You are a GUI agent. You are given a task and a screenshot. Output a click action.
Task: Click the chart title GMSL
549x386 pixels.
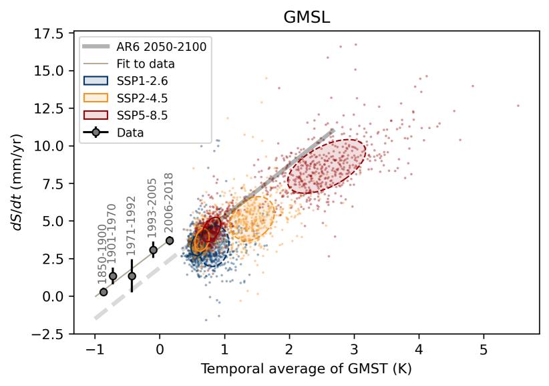click(307, 18)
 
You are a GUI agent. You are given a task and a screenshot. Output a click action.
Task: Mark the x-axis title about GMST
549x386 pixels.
click(307, 369)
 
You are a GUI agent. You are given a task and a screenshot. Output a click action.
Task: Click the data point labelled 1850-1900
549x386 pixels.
click(104, 292)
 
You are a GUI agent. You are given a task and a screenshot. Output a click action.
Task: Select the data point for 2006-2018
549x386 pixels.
click(170, 240)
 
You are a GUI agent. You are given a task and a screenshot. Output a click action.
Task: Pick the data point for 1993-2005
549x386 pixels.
click(153, 250)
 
